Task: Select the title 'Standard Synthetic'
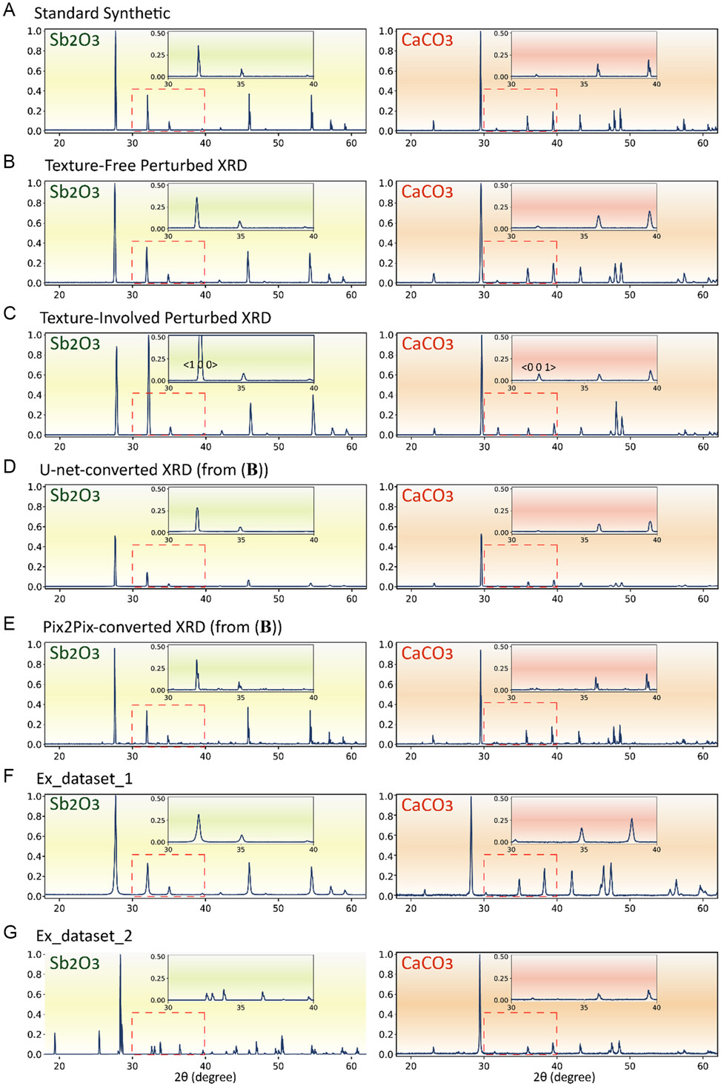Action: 102,13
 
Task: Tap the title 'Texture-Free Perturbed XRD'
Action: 145,165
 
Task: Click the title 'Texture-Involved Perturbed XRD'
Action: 155,318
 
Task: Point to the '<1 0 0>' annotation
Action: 200,365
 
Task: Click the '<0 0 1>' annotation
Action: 538,367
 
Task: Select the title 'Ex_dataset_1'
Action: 84,779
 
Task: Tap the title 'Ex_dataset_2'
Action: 84,936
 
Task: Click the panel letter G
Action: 10,932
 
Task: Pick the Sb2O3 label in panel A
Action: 74,40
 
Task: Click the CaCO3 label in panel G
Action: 427,963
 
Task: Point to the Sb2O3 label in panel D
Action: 74,496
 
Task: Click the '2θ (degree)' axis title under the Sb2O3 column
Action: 205,1077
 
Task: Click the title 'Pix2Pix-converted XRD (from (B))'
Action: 162,627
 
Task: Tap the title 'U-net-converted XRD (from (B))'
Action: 153,470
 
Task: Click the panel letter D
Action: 10,467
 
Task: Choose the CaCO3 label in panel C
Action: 427,344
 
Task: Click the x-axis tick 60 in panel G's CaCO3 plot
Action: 702,1066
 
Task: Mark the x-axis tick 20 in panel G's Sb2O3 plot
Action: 59,1066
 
